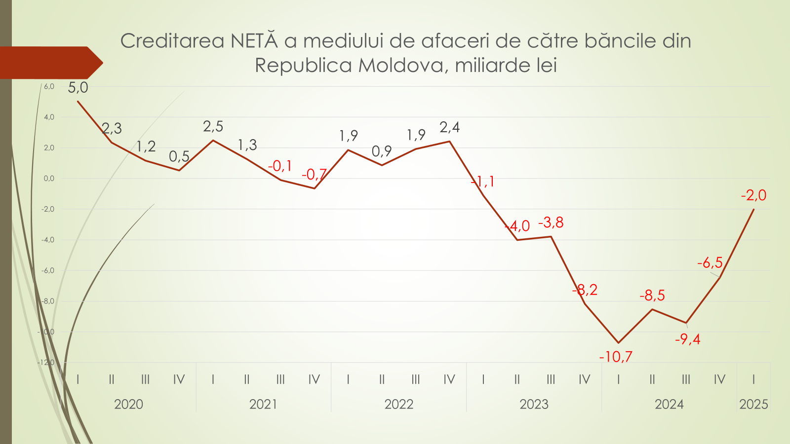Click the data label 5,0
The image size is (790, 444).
tap(78, 88)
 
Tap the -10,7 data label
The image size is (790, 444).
tap(615, 357)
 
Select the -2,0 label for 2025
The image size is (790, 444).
tap(753, 195)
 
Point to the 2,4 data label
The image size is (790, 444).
tap(449, 127)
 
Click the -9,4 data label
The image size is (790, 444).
tap(687, 339)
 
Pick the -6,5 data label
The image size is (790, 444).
tap(710, 262)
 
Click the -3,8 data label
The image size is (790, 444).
tap(551, 223)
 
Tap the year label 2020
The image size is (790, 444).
tap(128, 405)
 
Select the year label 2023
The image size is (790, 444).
tap(534, 405)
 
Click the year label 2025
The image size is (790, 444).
tap(753, 405)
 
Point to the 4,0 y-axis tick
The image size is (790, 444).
tap(49, 117)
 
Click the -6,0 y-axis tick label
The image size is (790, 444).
tap(48, 271)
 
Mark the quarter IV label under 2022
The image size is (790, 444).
tap(449, 379)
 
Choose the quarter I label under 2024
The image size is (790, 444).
tap(618, 379)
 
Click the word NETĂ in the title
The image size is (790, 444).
tap(254, 41)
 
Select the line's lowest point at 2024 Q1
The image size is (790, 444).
tap(618, 343)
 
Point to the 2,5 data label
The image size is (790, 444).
tap(213, 127)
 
